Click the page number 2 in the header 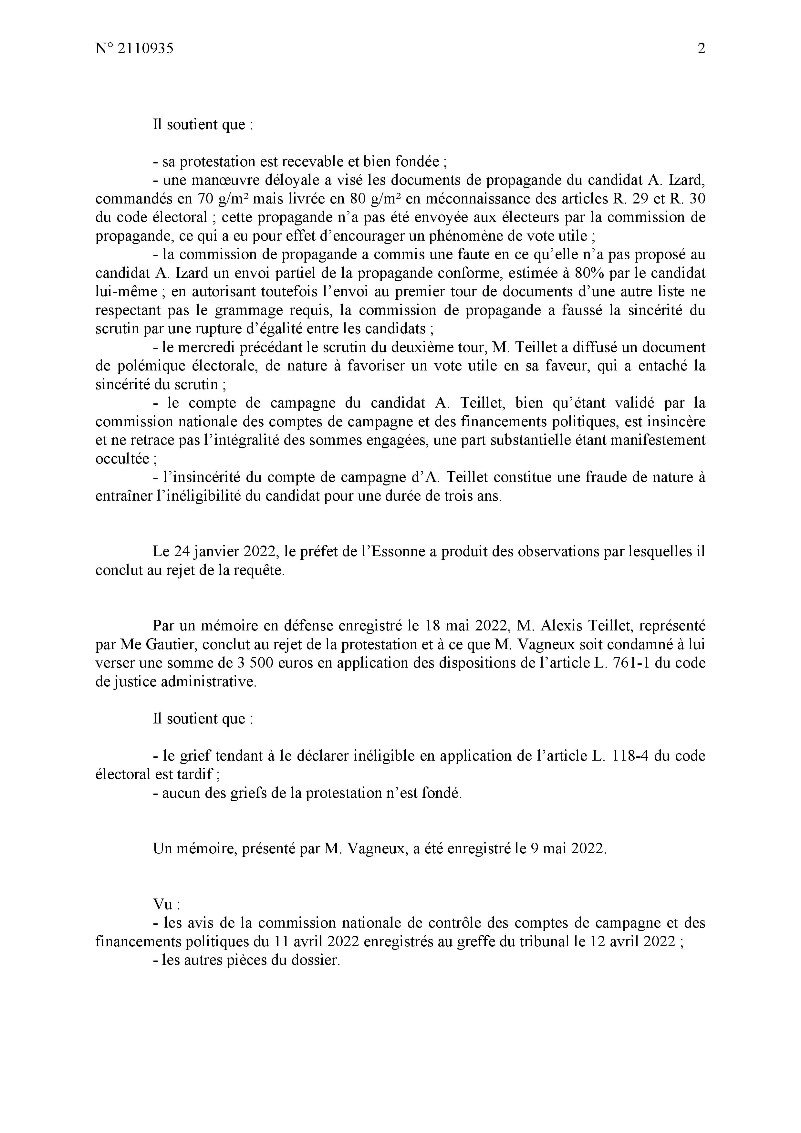tap(701, 49)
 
